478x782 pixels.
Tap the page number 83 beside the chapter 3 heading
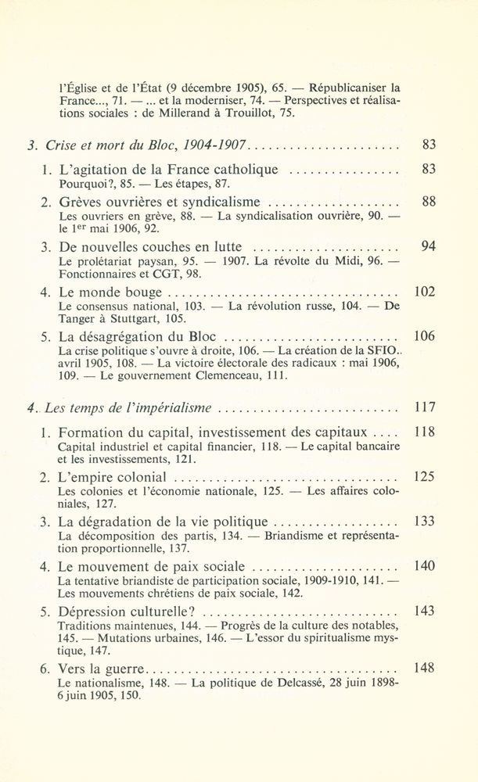pos(427,145)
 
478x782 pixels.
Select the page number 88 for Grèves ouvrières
pos(427,201)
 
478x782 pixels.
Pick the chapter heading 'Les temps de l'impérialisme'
pos(129,408)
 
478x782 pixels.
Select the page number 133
pos(423,522)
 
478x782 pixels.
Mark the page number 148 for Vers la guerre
pos(423,669)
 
